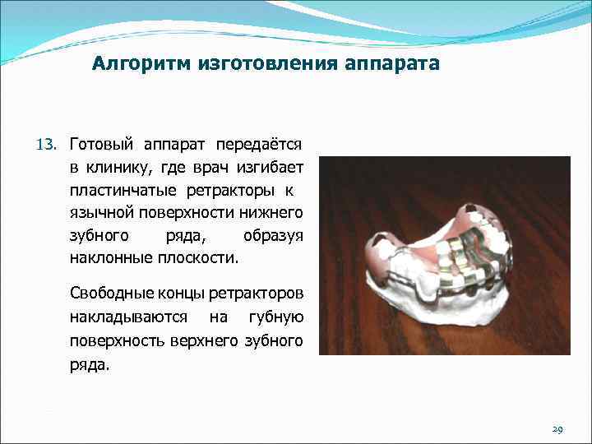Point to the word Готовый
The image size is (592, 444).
click(100, 145)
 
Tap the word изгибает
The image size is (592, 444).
click(270, 168)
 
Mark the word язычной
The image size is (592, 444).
click(100, 212)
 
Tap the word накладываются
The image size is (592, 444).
click(127, 317)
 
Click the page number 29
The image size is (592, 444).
click(557, 429)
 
